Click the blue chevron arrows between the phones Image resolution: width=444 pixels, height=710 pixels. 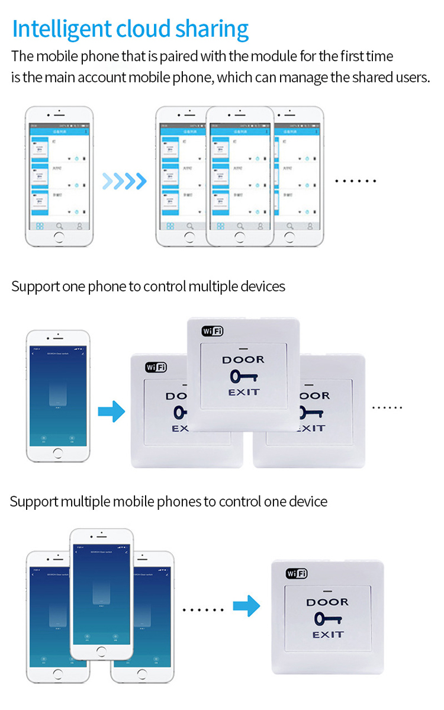coord(124,181)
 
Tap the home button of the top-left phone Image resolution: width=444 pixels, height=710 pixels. coord(58,238)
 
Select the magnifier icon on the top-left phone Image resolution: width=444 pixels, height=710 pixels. coord(59,226)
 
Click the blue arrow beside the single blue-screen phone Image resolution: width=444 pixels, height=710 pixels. coord(111,410)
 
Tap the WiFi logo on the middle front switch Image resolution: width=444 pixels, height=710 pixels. coord(213,331)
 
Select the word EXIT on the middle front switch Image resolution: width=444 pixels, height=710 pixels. coord(244,392)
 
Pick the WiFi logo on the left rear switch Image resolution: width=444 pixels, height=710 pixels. coord(156,367)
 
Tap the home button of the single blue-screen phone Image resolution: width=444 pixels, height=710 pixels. coord(57,454)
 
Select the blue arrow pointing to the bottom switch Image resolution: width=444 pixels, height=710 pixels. coord(246,606)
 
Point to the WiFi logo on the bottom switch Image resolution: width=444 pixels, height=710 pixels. coord(297,573)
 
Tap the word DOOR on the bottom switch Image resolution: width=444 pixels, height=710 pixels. coord(327,602)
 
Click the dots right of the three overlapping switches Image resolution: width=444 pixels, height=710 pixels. coord(388,407)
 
